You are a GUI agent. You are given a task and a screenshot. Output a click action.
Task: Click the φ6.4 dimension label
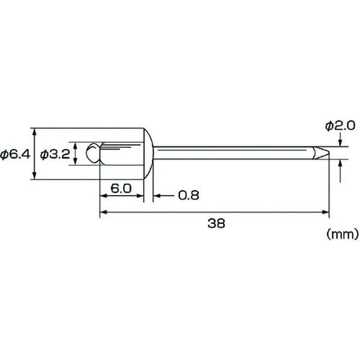click(15, 155)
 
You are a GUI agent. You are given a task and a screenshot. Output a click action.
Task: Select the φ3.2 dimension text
click(55, 155)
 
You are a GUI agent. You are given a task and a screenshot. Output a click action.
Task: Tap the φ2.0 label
click(340, 126)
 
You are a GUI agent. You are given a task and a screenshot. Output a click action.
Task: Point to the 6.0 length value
click(121, 188)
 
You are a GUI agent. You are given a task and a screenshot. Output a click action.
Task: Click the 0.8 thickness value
click(188, 196)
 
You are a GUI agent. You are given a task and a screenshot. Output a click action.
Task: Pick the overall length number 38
click(216, 223)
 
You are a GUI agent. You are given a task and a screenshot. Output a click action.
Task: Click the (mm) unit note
click(343, 235)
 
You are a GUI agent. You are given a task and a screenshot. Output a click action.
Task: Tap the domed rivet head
click(148, 154)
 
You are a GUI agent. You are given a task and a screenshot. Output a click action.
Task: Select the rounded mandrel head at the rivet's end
click(93, 153)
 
